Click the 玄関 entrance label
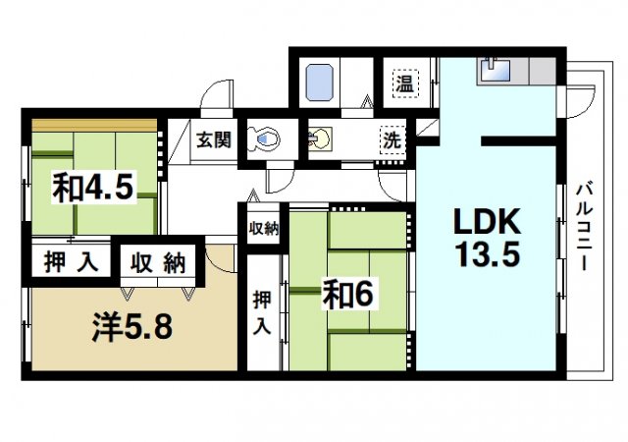212,140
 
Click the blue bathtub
323,83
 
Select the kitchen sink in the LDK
492,72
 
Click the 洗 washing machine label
392,140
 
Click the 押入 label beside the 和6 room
261,311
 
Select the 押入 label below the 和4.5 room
69,262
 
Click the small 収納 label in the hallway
262,229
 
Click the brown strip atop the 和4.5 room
93,125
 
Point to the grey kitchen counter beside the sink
535,72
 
